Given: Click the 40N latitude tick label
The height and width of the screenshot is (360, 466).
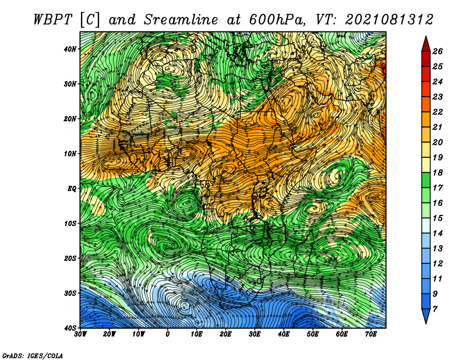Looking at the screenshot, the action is [x=69, y=49].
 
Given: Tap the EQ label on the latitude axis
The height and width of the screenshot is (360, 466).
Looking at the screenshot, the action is [x=72, y=189].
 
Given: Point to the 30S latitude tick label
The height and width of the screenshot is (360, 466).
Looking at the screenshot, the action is [x=69, y=294].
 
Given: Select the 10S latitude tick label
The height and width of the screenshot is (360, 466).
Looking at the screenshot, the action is [x=69, y=224].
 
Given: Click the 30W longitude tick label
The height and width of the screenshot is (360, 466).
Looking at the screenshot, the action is [x=80, y=334].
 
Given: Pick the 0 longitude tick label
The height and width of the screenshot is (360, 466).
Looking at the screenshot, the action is [x=168, y=334].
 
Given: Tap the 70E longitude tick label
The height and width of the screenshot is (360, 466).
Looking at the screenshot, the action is [x=371, y=334].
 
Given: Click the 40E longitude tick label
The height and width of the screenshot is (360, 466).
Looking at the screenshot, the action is [x=284, y=334].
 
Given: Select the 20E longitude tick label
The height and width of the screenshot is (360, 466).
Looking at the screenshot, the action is [x=225, y=334].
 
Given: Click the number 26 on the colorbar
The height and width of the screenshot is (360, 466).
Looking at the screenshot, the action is [x=437, y=51].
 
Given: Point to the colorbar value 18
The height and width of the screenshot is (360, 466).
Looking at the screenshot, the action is [x=437, y=172].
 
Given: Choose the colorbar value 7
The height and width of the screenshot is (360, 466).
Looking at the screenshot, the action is [x=435, y=309].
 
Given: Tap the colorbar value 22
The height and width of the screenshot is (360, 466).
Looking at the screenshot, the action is [x=437, y=112].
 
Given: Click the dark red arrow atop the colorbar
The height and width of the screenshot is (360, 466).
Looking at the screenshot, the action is [x=426, y=44].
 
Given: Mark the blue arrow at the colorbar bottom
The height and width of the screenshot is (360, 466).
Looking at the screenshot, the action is [x=426, y=316].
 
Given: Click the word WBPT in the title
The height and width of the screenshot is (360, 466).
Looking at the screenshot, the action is [x=53, y=20].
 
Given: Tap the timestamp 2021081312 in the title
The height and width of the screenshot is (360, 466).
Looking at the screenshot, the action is [x=389, y=20].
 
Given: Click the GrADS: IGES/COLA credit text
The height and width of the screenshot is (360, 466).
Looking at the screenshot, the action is [x=33, y=356].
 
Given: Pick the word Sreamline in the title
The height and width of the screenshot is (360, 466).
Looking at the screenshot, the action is [x=181, y=20].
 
